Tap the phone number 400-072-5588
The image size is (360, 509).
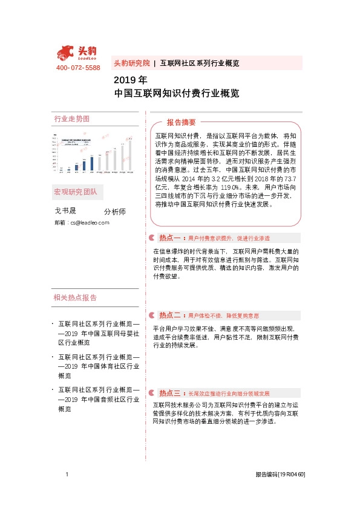click(x=78, y=68)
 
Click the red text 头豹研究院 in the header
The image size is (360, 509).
click(x=131, y=63)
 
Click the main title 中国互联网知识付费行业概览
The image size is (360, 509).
click(x=176, y=94)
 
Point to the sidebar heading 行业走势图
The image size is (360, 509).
click(x=71, y=119)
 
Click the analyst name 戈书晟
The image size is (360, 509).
click(x=65, y=210)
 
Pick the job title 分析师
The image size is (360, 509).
click(x=114, y=212)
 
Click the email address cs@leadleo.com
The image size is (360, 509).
click(x=89, y=223)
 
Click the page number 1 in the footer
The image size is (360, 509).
click(x=67, y=475)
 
